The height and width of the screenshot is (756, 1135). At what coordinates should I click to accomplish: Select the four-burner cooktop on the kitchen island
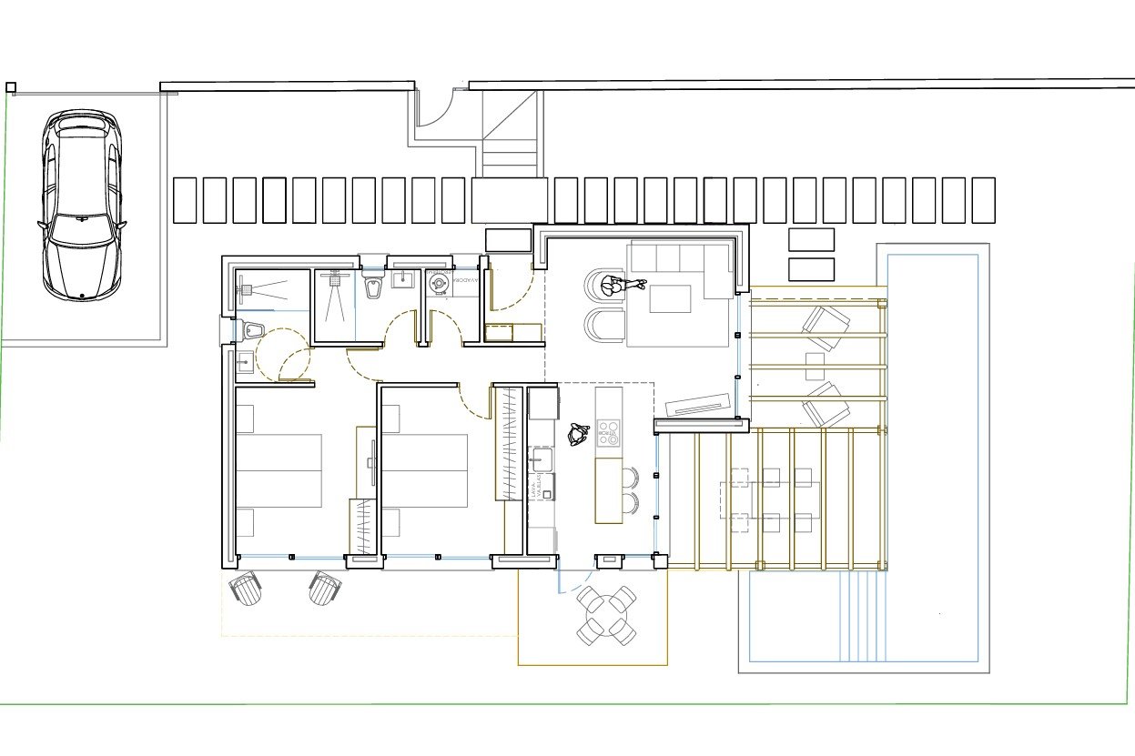[x=609, y=432]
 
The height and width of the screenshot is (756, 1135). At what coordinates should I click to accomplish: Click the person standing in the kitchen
[x=577, y=434]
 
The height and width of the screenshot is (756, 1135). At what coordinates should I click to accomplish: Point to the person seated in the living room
[x=617, y=287]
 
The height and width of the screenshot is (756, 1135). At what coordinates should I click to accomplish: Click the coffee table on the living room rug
[x=670, y=298]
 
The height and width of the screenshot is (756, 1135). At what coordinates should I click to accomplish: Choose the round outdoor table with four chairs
[x=607, y=615]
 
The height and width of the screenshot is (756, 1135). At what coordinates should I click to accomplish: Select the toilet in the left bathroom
[x=255, y=329]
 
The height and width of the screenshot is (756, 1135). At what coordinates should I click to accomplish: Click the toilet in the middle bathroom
[x=373, y=287]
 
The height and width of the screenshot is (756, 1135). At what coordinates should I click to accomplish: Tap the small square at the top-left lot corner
[x=11, y=87]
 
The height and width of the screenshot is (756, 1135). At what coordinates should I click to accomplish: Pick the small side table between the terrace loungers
[x=815, y=366]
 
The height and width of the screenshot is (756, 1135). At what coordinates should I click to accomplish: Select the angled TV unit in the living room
[x=698, y=404]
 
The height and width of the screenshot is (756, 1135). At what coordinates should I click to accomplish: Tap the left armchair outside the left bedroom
[x=246, y=588]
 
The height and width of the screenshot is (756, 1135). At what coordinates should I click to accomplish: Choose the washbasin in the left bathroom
[x=243, y=363]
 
